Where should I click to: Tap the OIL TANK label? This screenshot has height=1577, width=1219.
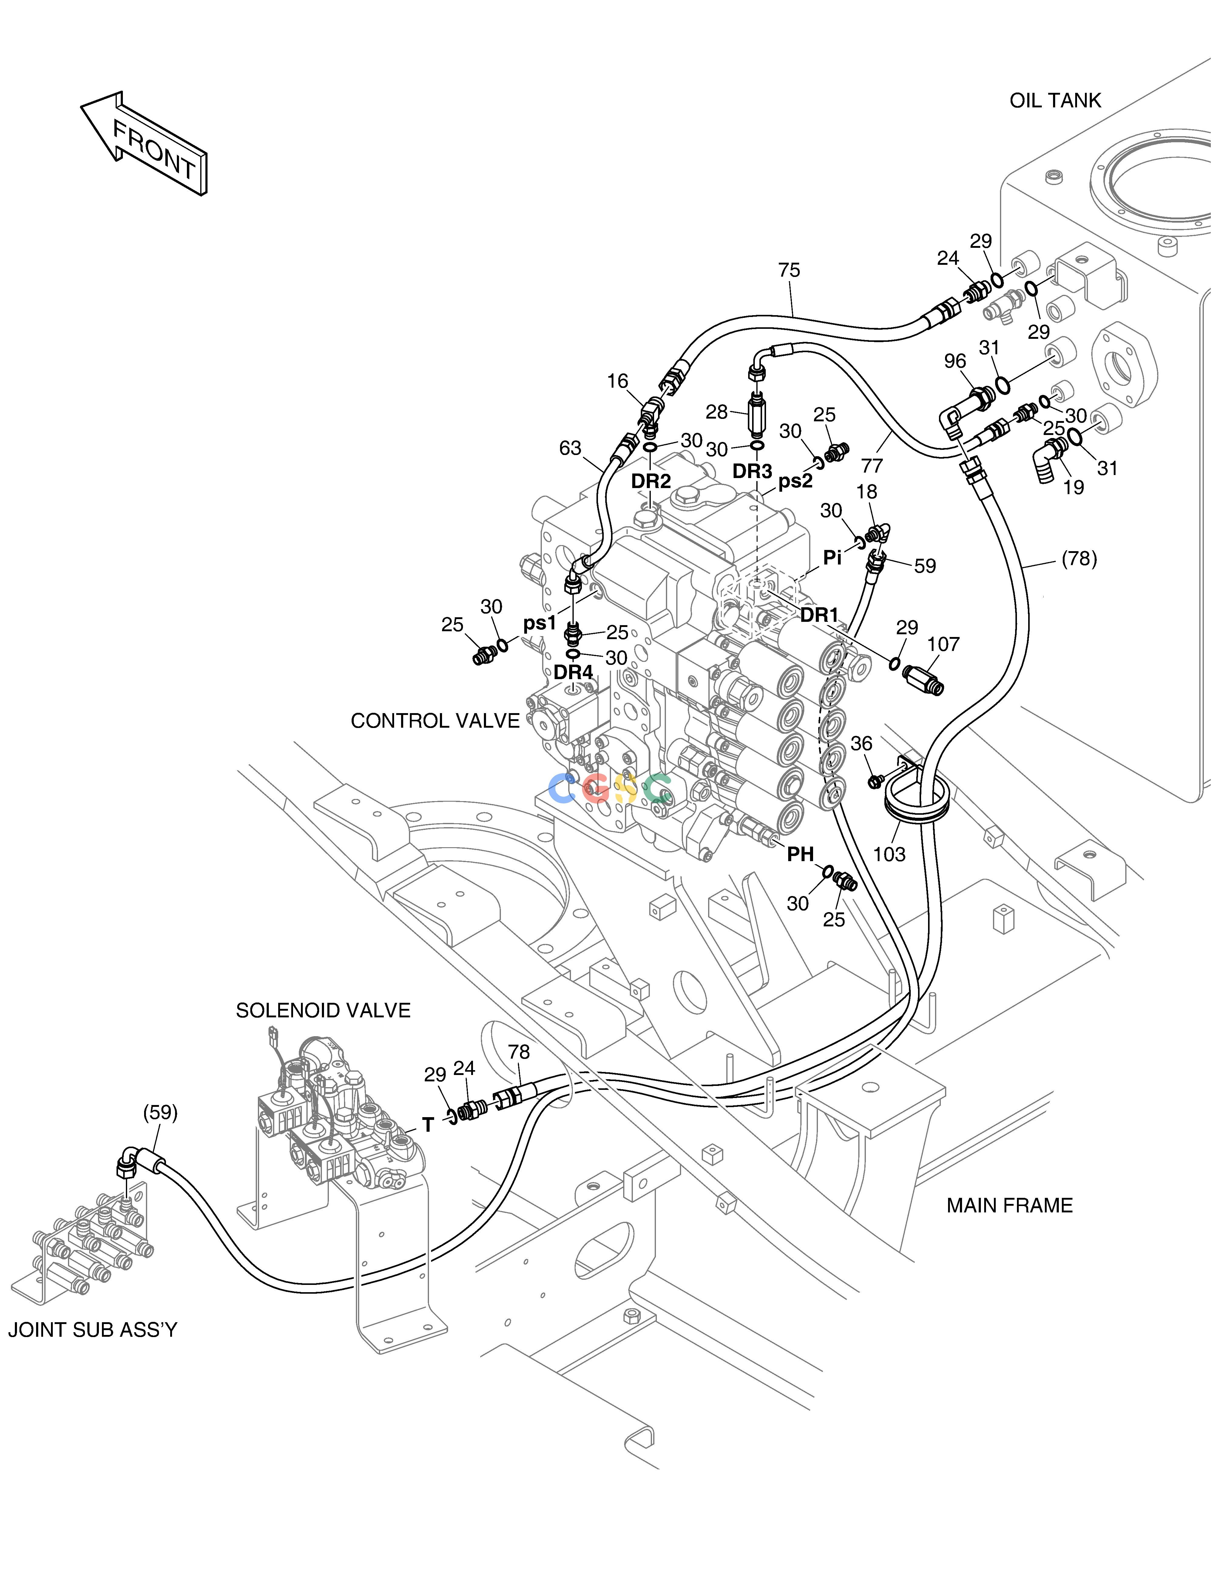coord(1055,100)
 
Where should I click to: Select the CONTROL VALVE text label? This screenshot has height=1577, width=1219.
coord(435,721)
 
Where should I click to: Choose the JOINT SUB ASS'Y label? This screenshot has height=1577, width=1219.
coord(93,1329)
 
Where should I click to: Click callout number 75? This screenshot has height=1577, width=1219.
coord(789,270)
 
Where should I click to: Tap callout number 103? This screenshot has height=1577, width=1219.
coord(889,854)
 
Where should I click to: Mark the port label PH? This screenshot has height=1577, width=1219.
coord(800,854)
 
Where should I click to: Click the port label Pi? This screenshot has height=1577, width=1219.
coord(833,558)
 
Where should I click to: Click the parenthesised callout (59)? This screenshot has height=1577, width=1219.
coord(160,1113)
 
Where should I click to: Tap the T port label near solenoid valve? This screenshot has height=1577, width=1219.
coord(428,1125)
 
